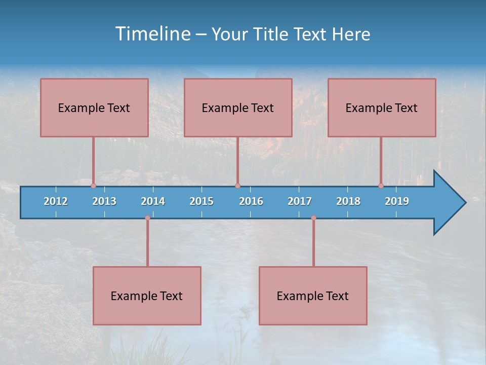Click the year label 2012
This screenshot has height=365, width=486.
[56, 201]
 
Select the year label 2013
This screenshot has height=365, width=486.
[104, 201]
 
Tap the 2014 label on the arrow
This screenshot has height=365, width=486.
[153, 201]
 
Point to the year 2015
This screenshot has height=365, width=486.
[201, 201]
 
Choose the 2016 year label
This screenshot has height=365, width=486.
[251, 201]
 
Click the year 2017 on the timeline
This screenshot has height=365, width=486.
[300, 201]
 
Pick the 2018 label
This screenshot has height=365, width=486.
[348, 201]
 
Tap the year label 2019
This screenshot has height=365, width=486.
[397, 201]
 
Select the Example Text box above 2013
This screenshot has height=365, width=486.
[94, 107]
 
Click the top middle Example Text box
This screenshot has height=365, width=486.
[238, 107]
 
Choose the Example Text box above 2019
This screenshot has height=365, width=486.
[382, 107]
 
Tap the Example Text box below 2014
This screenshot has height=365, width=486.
[147, 296]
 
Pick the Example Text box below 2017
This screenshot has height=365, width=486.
[313, 296]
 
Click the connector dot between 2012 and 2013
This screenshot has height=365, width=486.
[93, 186]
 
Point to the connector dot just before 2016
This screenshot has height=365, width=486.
[237, 186]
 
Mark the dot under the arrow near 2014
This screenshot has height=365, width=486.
[147, 218]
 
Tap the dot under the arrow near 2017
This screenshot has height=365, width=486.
[313, 218]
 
